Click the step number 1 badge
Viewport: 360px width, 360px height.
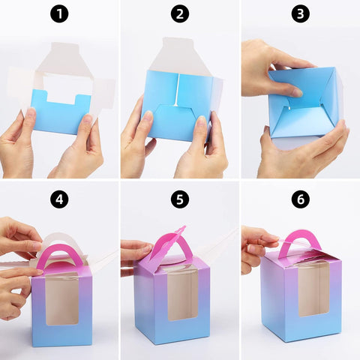59,14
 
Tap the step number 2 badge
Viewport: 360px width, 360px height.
179,14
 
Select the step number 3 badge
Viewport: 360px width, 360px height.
301,14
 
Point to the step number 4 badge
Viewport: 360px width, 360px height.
59,199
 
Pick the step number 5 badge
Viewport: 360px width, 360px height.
179,199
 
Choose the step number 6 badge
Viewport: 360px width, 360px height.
301,199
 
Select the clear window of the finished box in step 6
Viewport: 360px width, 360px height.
313,288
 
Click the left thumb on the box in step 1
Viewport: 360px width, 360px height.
29,116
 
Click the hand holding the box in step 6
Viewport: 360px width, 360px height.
255,247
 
